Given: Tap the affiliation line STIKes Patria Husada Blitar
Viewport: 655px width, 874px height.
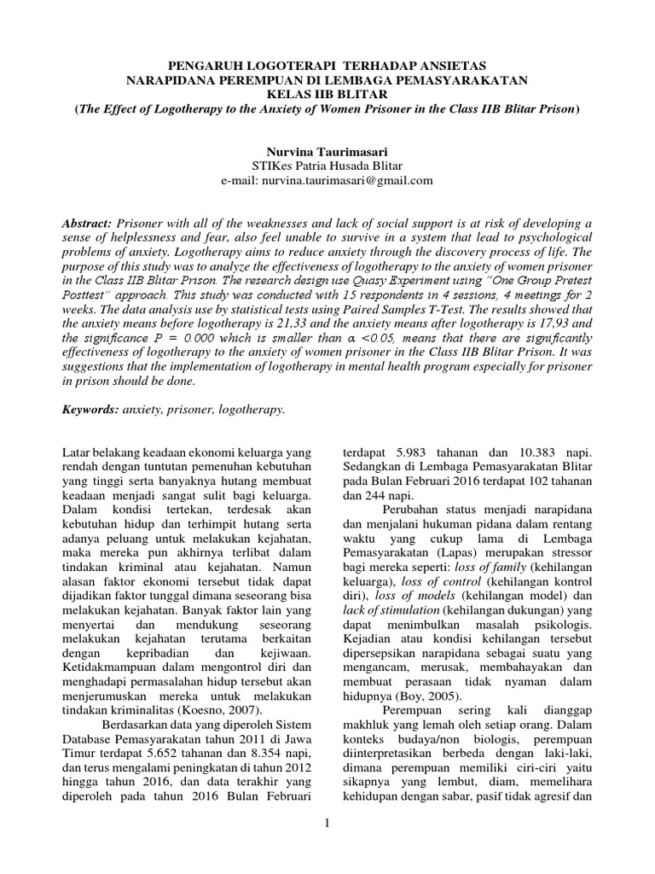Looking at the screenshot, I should [x=327, y=166].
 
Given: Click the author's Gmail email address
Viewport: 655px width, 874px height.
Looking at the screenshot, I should [x=349, y=181].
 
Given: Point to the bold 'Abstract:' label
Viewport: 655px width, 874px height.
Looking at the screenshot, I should [x=90, y=222].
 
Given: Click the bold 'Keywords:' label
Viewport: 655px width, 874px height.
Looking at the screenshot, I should [x=91, y=411].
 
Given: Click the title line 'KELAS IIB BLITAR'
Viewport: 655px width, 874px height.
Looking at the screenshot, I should [x=327, y=95].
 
